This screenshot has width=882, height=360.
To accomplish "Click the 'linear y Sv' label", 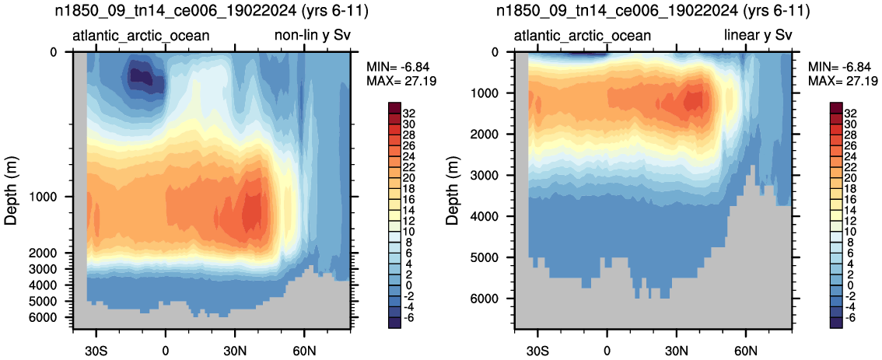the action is (x=758, y=37).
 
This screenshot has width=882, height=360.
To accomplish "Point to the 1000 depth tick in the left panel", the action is (x=52, y=197).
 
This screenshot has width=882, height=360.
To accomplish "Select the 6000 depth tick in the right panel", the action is (x=493, y=299).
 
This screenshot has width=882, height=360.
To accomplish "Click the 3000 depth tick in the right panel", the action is (x=493, y=176).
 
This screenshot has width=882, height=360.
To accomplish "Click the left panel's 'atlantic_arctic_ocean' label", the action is (x=142, y=37).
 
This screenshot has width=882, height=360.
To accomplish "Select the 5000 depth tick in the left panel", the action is (x=52, y=302).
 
